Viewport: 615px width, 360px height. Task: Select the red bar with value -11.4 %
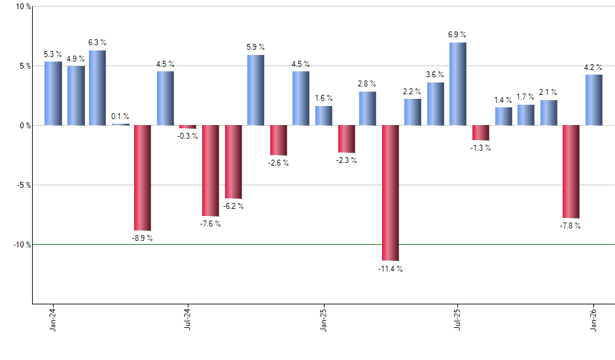coord(391,192)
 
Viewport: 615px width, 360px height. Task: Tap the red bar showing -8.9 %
coord(143,177)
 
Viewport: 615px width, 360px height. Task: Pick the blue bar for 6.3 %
coord(97,88)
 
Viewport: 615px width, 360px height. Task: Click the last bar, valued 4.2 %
coord(593,99)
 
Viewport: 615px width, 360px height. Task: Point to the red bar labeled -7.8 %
coord(571,171)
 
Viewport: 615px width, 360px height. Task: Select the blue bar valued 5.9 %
coord(256,90)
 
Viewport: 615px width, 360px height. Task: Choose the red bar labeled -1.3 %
coord(481,132)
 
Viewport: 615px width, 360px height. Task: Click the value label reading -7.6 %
coord(210,224)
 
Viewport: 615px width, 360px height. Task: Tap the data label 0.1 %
coord(120,117)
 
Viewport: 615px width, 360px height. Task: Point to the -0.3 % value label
coord(188,136)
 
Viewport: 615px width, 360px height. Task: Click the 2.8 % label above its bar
coord(367,84)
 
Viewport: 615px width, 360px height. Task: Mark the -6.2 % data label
coord(233,206)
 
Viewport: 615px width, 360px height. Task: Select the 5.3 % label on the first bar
coord(54,54)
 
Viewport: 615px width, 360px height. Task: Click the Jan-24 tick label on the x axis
coord(53,320)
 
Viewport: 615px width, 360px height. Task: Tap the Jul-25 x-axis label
coord(458,320)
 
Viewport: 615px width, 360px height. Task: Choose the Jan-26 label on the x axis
coord(593,320)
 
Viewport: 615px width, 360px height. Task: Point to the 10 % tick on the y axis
coord(22,7)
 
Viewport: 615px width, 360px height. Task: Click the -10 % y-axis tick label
coord(21,244)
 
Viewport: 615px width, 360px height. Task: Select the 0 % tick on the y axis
coord(24,125)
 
